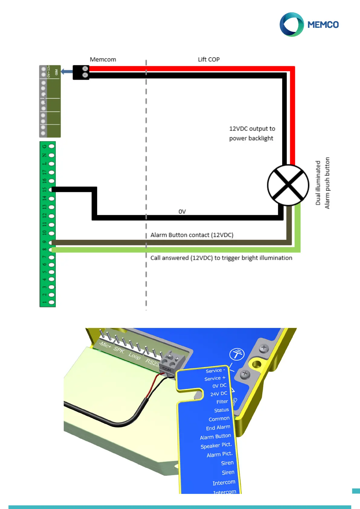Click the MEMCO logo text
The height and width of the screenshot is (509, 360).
click(x=323, y=25)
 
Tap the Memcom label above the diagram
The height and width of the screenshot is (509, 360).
click(x=103, y=60)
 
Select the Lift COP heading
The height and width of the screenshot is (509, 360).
click(x=209, y=60)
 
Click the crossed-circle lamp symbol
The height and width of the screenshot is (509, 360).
click(x=288, y=185)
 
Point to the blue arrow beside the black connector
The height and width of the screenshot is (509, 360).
click(x=66, y=72)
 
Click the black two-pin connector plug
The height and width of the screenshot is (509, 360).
click(x=81, y=72)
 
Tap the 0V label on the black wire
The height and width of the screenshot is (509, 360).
click(x=182, y=212)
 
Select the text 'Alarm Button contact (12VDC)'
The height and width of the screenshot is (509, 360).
click(x=192, y=235)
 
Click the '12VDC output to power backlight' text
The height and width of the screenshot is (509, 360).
click(x=252, y=133)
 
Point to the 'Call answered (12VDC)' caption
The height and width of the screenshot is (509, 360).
click(x=221, y=258)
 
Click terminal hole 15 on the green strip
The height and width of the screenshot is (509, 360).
click(x=52, y=190)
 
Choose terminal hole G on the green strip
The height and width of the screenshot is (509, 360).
click(x=52, y=146)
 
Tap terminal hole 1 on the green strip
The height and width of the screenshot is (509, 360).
click(x=52, y=302)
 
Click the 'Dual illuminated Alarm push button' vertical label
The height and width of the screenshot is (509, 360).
click(x=322, y=183)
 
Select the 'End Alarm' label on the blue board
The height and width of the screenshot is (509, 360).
click(x=218, y=428)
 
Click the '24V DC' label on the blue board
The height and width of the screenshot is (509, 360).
click(x=219, y=394)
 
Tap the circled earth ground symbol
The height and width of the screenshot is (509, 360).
click(x=237, y=354)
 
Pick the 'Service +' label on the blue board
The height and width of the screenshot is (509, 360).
click(x=215, y=378)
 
